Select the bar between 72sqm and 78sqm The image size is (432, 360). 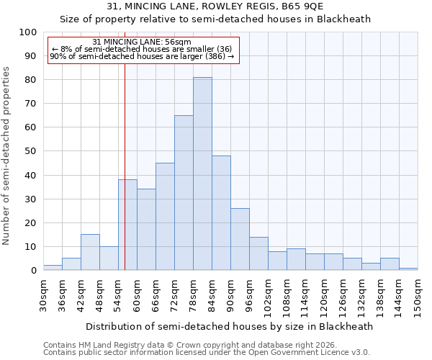coord(184,193)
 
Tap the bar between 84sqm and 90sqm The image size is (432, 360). coord(221,213)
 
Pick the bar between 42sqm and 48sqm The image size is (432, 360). coord(90,252)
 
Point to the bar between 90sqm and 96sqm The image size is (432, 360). coord(240,239)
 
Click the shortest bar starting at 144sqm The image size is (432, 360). coord(408,269)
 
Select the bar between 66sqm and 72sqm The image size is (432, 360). coord(165,217)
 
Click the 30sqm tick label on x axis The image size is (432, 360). coord(43,294)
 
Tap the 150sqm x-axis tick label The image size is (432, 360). coord(418,296)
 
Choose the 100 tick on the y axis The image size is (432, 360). coord(28,32)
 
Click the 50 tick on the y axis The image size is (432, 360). coord(31,151)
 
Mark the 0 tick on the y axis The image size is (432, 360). coord(34,271)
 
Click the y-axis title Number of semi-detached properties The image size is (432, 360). coord(7,156)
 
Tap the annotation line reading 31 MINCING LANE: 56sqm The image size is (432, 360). coord(143,42)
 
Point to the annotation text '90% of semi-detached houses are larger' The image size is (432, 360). coord(143,56)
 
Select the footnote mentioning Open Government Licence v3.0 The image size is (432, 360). coord(207,353)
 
